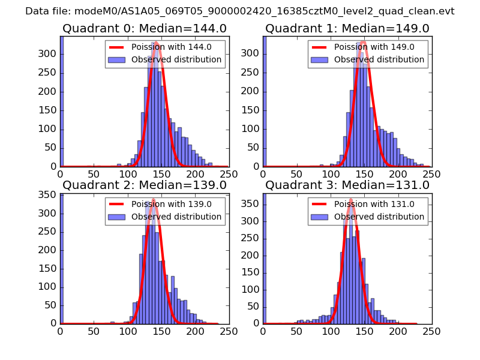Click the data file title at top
pos(239,11)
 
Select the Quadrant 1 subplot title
pos(347,28)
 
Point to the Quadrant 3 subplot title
pos(347,185)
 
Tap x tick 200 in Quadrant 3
pos(398,331)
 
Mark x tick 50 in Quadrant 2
pos(94,331)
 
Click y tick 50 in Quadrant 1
pos(253,148)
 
